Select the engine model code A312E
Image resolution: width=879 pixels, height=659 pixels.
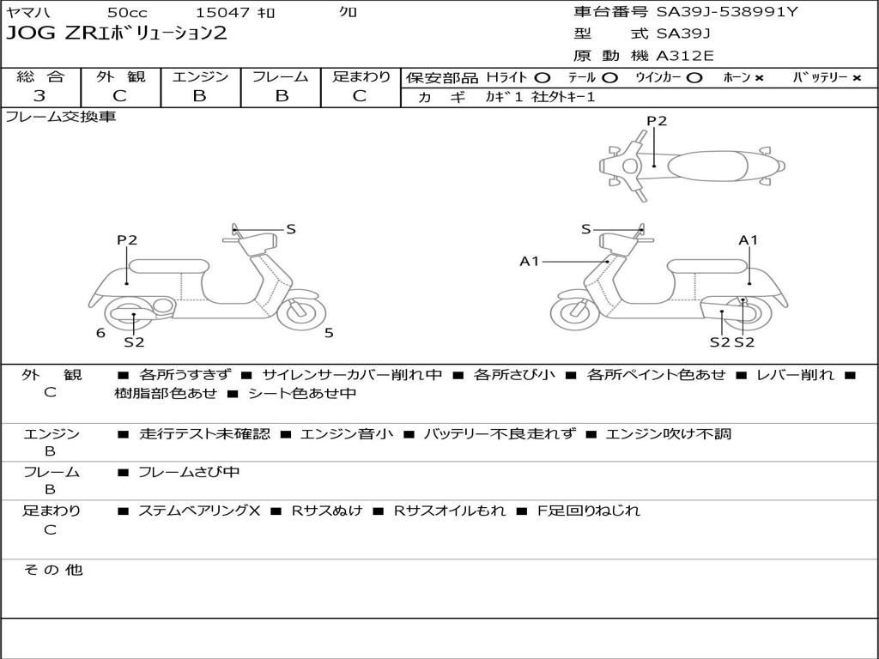coord(685,56)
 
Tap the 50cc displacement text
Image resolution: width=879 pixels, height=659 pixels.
coord(127,13)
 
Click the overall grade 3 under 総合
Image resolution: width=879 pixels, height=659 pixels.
coord(39,96)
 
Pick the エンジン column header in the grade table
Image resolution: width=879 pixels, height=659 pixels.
coord(200,76)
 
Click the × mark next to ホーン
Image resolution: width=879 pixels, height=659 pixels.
coord(759,77)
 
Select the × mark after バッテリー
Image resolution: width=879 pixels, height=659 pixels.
coord(856,77)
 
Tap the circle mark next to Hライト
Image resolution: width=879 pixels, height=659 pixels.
coord(542,77)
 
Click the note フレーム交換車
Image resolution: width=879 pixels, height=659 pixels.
coord(61,117)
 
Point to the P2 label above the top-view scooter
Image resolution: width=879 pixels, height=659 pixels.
coord(657,121)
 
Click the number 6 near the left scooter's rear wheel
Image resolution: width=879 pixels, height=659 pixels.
coord(100,333)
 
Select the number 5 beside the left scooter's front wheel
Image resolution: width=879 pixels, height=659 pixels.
coord(329,333)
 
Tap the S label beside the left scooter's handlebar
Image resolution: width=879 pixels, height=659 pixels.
coord(291,229)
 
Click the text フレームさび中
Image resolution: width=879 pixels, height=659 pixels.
coord(188,472)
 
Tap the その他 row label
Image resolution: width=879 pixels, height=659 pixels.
coord(52,570)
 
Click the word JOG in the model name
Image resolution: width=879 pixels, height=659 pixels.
coord(27,34)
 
